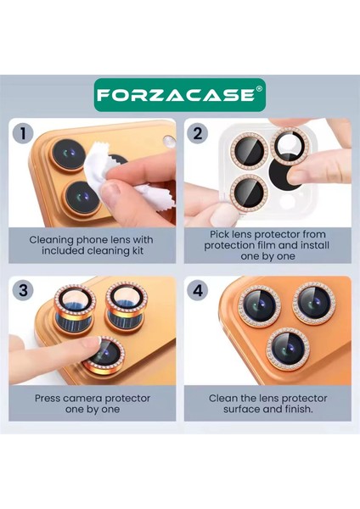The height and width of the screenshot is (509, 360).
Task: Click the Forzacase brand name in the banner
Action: (x=173, y=95)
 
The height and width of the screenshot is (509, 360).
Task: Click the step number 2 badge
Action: (x=197, y=133)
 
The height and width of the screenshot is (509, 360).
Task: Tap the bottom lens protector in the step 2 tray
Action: (x=246, y=190)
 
